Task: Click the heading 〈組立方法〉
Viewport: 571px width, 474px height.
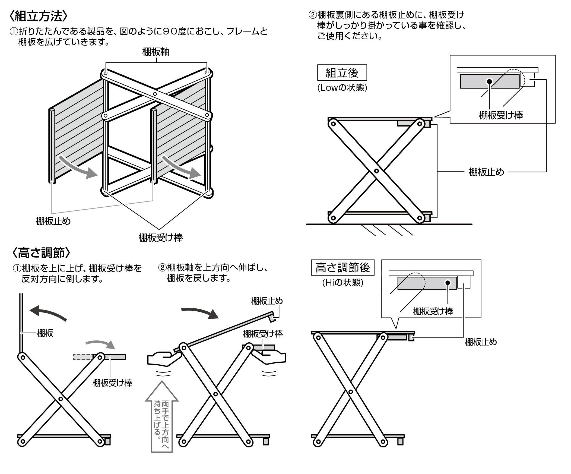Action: (38, 16)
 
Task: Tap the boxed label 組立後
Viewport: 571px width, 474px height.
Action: (342, 72)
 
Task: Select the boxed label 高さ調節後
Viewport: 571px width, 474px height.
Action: (342, 268)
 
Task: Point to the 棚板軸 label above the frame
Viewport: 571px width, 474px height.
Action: (156, 52)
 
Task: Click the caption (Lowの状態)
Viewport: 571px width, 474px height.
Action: (342, 88)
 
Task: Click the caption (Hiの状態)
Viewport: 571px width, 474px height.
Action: (342, 283)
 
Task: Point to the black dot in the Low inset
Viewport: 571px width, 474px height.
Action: (489, 81)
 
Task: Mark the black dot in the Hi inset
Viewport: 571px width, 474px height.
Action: (448, 283)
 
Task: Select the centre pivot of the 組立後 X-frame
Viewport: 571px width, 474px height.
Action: (376, 171)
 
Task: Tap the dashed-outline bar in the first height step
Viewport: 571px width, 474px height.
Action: (83, 357)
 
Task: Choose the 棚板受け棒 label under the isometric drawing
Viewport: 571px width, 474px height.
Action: (160, 238)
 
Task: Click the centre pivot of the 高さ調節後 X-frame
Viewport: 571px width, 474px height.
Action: (350, 392)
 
